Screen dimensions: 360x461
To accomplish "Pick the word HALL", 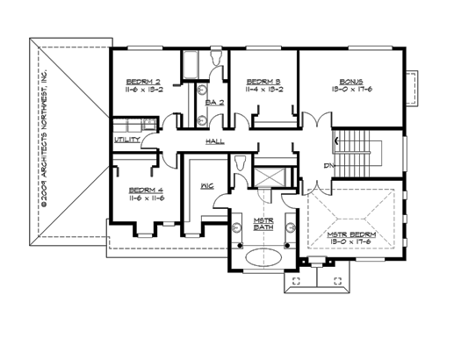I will pyautogui.click(x=213, y=140).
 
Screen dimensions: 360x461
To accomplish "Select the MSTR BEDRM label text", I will pyautogui.click(x=352, y=235).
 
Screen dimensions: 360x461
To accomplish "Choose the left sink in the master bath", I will pyautogui.click(x=238, y=231).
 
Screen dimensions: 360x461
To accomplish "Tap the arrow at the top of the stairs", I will pyautogui.click(x=335, y=139).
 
